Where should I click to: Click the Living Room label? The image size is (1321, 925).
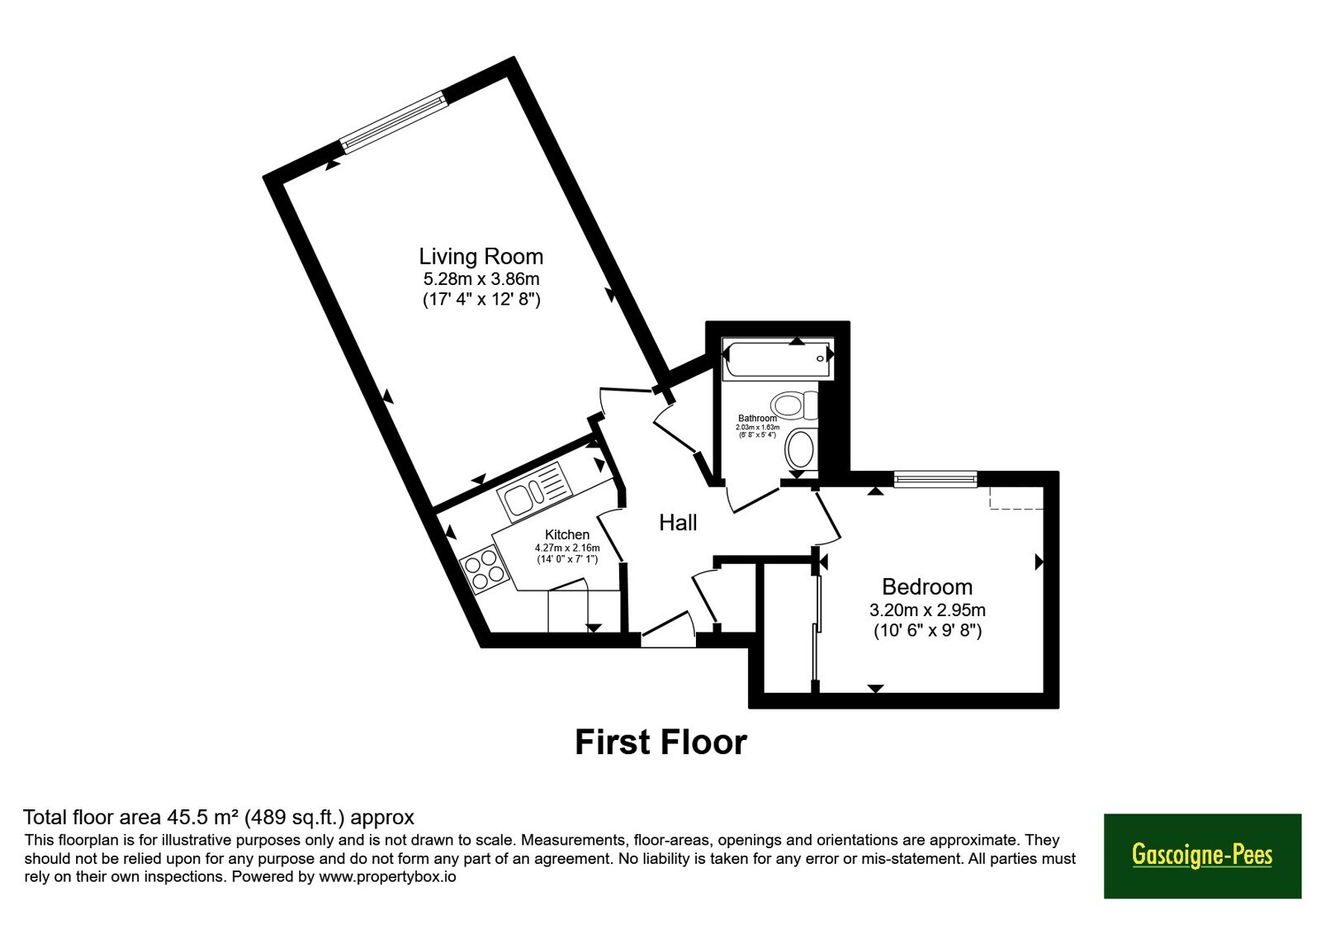[x=481, y=257]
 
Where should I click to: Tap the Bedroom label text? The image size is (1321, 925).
[x=927, y=587]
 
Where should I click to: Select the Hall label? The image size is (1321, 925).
[x=678, y=523]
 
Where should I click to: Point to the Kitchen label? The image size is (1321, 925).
[x=566, y=534]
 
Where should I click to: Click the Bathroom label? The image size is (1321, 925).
[x=757, y=418]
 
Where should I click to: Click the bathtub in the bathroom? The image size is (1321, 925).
[x=778, y=358]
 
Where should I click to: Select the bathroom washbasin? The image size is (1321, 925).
[x=801, y=449]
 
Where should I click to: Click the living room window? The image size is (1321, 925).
[x=394, y=123]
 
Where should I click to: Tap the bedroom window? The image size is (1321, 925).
[x=935, y=478]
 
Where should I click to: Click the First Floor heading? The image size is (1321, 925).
[x=661, y=742]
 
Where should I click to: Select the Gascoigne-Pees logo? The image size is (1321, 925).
[x=1202, y=856]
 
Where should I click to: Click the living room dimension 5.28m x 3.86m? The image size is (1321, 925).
[x=481, y=278]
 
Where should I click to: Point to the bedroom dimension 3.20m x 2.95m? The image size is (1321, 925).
[x=928, y=610]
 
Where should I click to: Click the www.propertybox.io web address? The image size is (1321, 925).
[x=387, y=876]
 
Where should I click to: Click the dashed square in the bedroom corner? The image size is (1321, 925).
[x=1016, y=497]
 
